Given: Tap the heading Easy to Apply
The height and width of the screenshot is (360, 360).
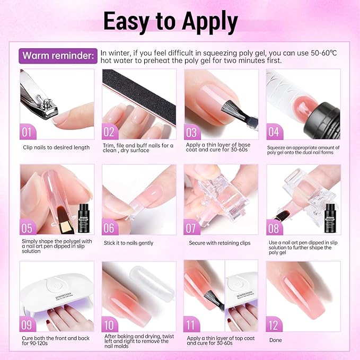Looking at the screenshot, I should (170, 21).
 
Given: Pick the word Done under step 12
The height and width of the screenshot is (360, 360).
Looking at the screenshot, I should (276, 340).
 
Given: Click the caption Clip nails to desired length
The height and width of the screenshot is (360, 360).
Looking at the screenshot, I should (56, 147).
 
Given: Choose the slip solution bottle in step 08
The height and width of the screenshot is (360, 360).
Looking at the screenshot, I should (331, 217).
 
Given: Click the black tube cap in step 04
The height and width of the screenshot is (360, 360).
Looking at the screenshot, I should (326, 114).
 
